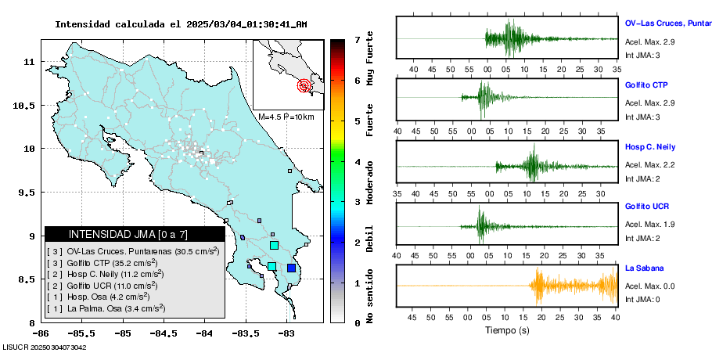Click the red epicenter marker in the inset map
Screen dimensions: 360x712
304,86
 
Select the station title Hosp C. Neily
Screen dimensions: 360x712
649,146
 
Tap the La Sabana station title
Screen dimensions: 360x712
643,268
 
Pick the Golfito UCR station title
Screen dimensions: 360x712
647,207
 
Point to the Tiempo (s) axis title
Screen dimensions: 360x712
506,330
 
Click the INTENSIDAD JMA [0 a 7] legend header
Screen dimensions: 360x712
135,234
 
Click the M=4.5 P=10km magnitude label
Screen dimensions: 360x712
286,117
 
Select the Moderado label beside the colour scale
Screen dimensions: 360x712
369,182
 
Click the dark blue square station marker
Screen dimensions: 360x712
291,268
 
